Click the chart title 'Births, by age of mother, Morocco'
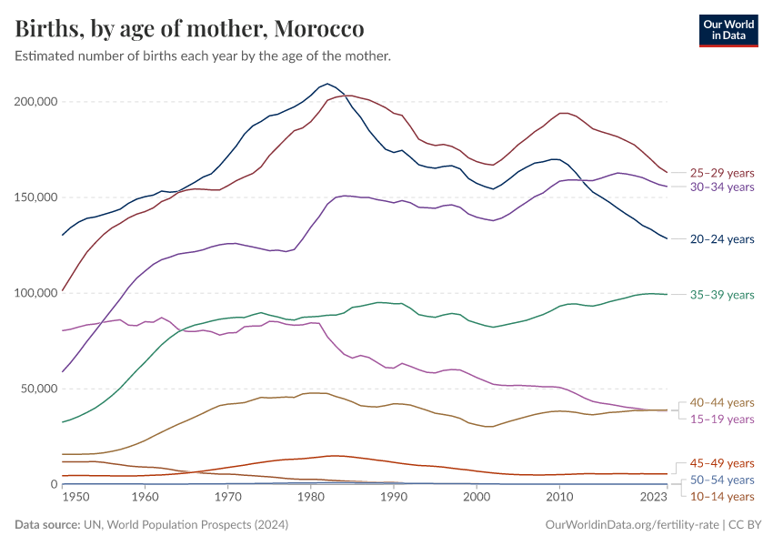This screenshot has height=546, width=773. (190, 29)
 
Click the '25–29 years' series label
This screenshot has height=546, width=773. (722, 172)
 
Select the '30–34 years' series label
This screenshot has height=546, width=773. (722, 187)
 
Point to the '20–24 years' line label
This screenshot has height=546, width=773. (722, 239)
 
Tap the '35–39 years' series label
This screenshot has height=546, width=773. (722, 295)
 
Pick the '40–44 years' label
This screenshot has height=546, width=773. (722, 402)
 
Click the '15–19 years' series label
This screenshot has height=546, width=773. (722, 419)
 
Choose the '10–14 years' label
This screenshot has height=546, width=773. (722, 496)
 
